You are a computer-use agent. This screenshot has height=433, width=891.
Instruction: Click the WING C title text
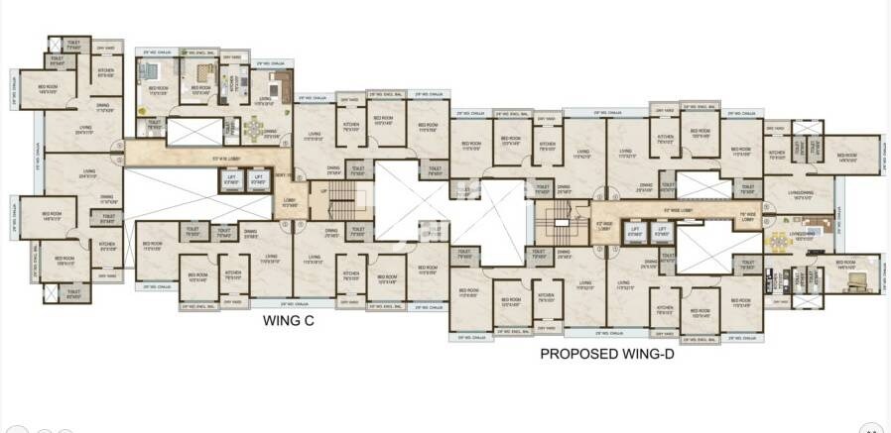pos(292,320)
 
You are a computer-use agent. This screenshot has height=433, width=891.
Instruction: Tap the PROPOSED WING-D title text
pos(607,352)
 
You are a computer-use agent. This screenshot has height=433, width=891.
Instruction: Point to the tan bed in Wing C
pos(202,70)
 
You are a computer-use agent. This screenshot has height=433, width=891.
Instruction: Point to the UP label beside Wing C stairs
pos(323,191)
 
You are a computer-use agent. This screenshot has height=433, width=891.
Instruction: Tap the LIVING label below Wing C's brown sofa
pos(266,99)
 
